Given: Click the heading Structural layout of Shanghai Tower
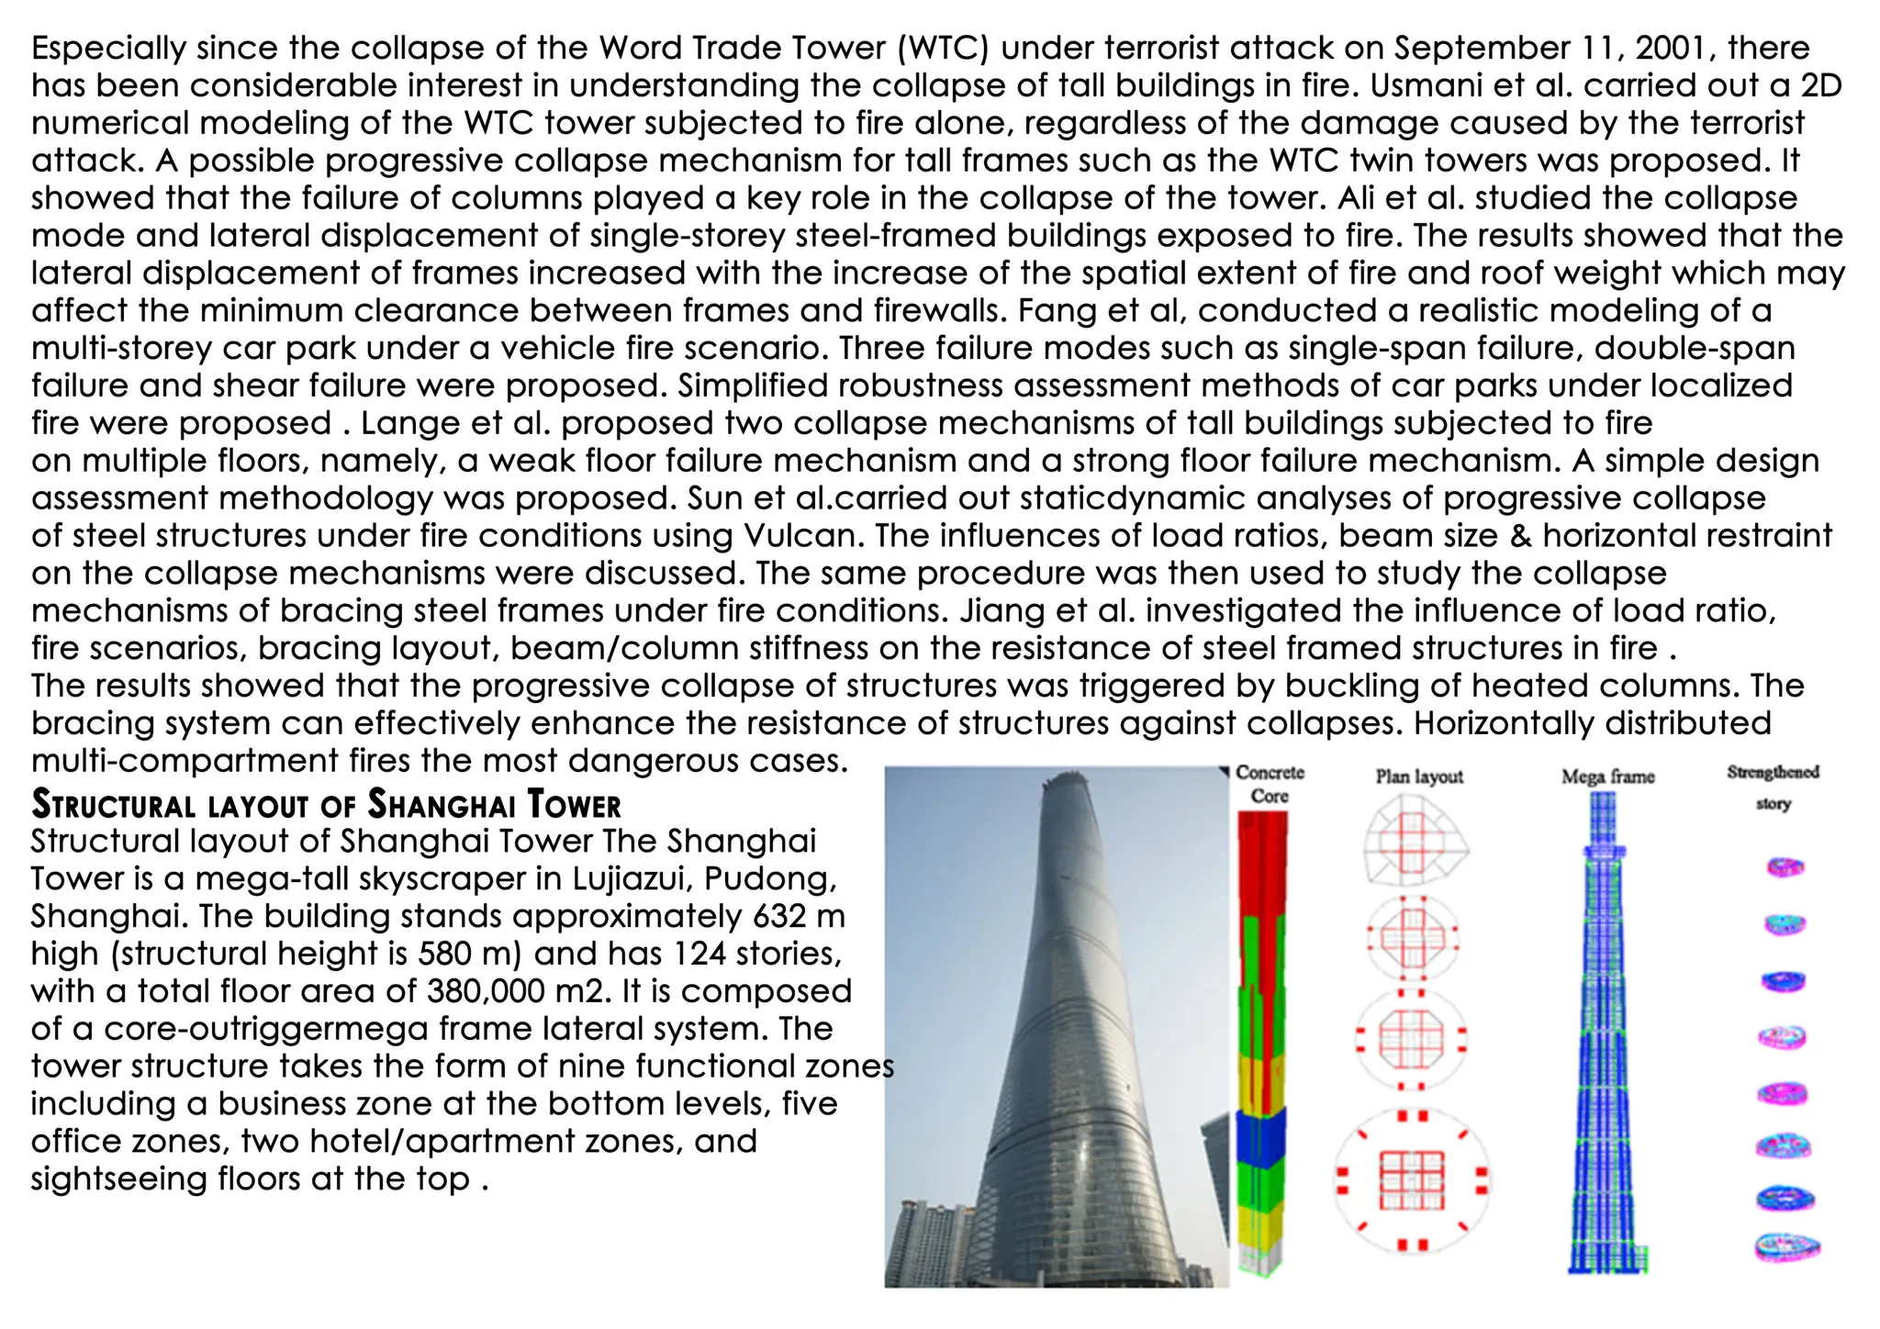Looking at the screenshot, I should click(326, 804).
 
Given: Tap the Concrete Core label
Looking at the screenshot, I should click(1270, 784).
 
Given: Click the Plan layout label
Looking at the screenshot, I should click(1419, 776).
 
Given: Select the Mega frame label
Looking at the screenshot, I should click(1607, 776).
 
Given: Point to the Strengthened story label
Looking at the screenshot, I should click(1773, 787).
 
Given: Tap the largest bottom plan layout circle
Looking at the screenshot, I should click(1412, 1180).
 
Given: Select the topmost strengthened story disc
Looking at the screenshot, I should click(1785, 866).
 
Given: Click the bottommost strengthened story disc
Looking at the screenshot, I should click(1786, 1246).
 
